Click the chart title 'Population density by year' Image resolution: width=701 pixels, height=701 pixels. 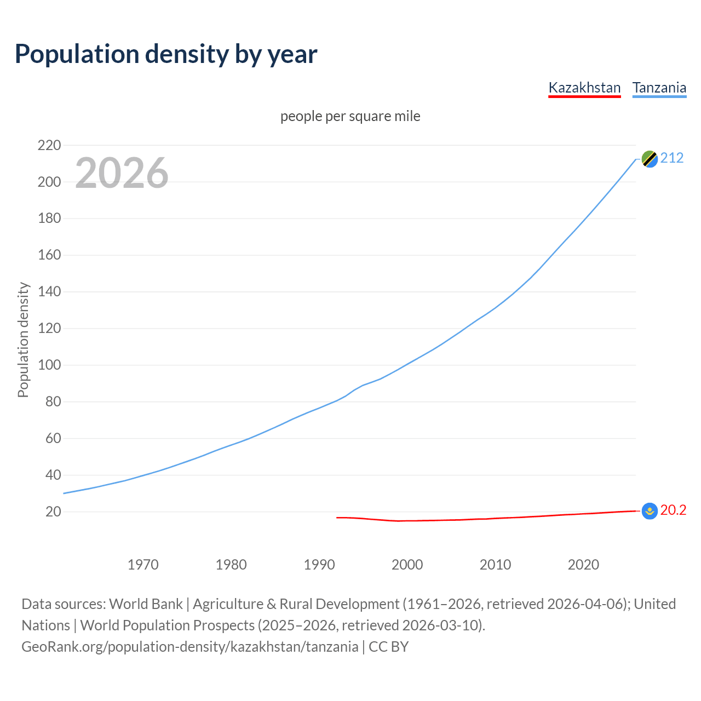(x=166, y=54)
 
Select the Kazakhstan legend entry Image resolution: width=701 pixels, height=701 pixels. (x=584, y=88)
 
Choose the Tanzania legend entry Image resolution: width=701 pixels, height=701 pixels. (x=659, y=88)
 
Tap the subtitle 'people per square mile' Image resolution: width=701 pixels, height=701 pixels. (x=350, y=116)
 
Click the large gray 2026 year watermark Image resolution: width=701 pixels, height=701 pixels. (x=122, y=173)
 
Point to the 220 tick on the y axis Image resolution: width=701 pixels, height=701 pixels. (x=49, y=145)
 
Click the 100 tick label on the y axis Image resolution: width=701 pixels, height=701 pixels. (x=49, y=365)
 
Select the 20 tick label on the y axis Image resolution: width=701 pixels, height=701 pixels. (x=53, y=512)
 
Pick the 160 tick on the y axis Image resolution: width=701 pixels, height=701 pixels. (x=49, y=255)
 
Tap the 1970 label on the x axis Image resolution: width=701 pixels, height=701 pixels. (x=143, y=565)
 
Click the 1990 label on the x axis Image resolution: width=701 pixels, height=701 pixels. (x=319, y=565)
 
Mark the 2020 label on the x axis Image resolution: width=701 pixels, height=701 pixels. (x=583, y=565)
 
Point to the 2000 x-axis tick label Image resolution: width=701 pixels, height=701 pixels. (x=407, y=565)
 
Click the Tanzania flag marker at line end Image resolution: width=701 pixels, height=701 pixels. (x=650, y=159)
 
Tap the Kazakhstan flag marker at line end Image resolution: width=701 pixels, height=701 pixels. (x=650, y=511)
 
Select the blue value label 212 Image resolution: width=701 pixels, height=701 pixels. (x=672, y=158)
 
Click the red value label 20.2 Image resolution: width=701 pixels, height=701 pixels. (x=673, y=510)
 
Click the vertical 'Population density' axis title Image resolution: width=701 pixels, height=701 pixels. (x=23, y=340)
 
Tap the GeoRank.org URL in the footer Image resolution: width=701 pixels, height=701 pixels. (x=189, y=647)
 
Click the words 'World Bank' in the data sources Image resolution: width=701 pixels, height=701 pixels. (x=146, y=604)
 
